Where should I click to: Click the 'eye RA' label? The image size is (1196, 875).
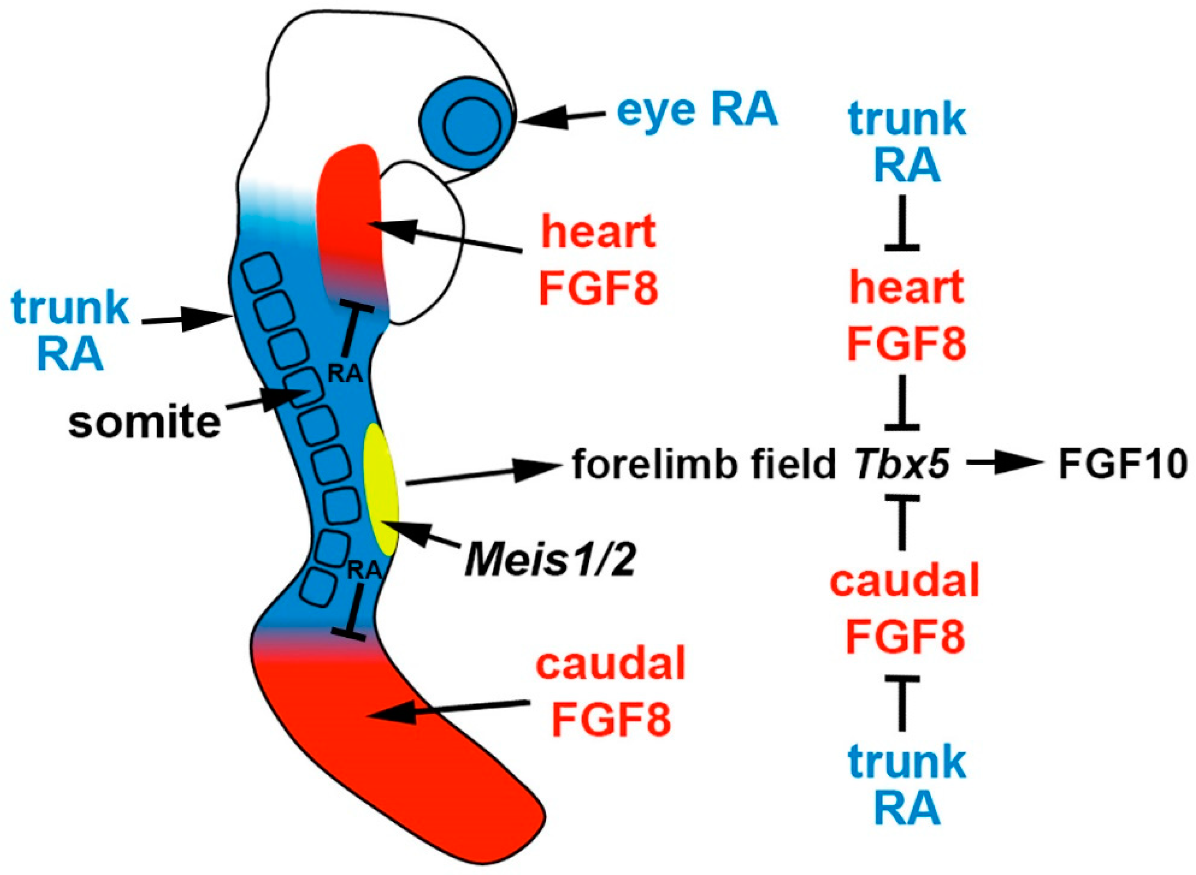(697, 111)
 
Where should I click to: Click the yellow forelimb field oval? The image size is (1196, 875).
(380, 490)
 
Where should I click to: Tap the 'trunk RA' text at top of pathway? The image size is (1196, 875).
(907, 142)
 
